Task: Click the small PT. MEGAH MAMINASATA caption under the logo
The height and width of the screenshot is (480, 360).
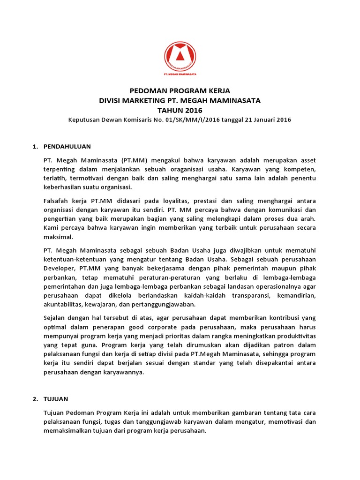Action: (180, 74)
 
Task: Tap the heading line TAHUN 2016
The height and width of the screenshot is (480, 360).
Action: (180, 110)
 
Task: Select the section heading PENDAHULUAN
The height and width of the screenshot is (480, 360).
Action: (67, 147)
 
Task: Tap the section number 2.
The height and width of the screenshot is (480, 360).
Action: (35, 399)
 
